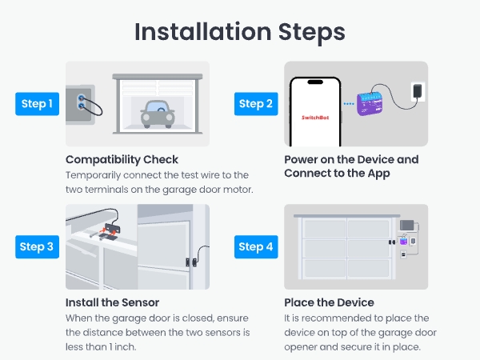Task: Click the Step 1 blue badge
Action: click(37, 103)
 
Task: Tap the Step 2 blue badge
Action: click(256, 103)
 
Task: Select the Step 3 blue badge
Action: click(37, 246)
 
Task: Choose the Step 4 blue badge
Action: click(256, 246)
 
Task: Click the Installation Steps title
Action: click(240, 31)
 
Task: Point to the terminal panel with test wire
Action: click(82, 103)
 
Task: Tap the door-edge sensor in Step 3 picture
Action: click(189, 261)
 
